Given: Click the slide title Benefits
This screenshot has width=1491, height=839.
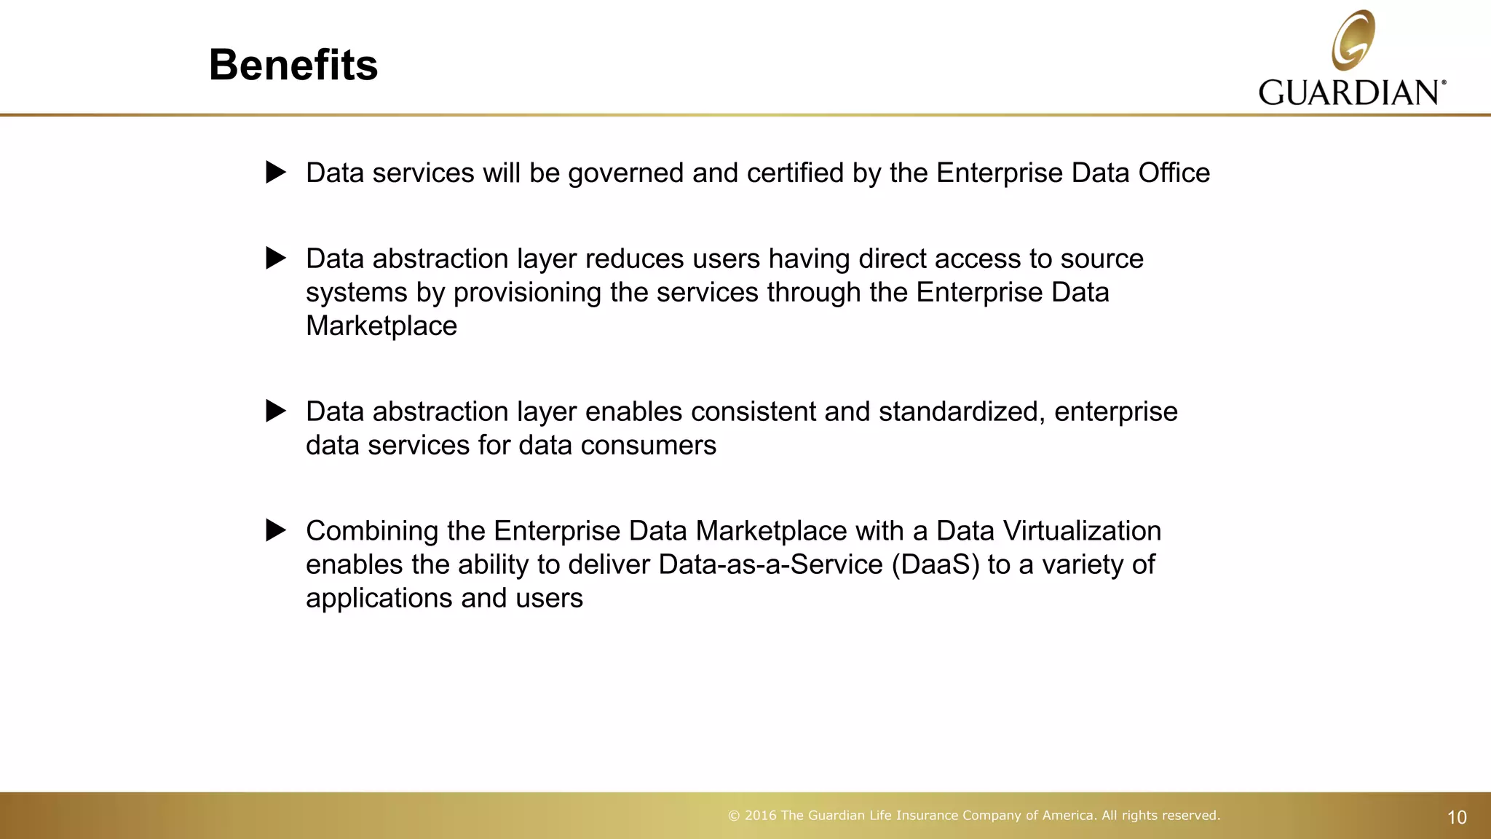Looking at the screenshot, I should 293,65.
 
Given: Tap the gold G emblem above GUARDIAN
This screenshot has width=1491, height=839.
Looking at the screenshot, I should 1353,40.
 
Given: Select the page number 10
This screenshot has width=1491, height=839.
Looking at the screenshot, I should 1457,818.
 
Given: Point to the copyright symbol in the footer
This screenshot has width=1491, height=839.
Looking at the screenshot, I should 734,816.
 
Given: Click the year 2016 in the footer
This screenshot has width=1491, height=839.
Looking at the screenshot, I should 761,816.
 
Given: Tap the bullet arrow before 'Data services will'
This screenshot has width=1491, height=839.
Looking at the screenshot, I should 276,173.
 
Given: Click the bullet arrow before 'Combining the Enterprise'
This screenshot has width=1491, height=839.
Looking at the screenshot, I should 276,530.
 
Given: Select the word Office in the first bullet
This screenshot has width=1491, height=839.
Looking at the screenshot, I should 1174,173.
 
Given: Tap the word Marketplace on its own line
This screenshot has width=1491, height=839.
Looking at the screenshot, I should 381,326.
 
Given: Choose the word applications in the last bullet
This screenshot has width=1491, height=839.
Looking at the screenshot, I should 379,599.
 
